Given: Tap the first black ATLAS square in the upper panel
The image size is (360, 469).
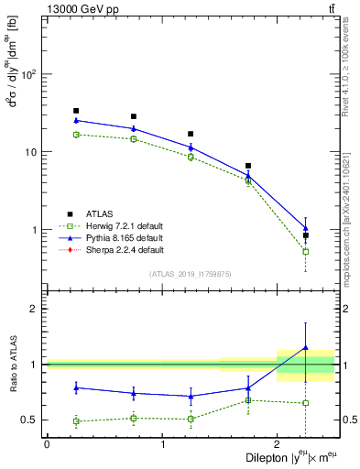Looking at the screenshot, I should (x=76, y=111).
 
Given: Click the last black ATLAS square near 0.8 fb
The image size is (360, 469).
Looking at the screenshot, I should (x=306, y=235).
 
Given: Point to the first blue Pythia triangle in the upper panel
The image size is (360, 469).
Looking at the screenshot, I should (x=76, y=120).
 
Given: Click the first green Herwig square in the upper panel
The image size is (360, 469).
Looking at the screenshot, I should (x=76, y=135).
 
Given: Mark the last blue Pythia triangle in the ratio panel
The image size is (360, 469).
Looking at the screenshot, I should (x=306, y=347).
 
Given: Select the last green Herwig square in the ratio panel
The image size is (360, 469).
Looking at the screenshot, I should (x=306, y=403).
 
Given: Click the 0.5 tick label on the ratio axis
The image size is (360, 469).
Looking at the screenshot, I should (x=28, y=420).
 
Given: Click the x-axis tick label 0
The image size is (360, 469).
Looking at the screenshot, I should (x=47, y=444).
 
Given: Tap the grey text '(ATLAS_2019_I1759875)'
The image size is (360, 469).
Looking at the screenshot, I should (x=190, y=274).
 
